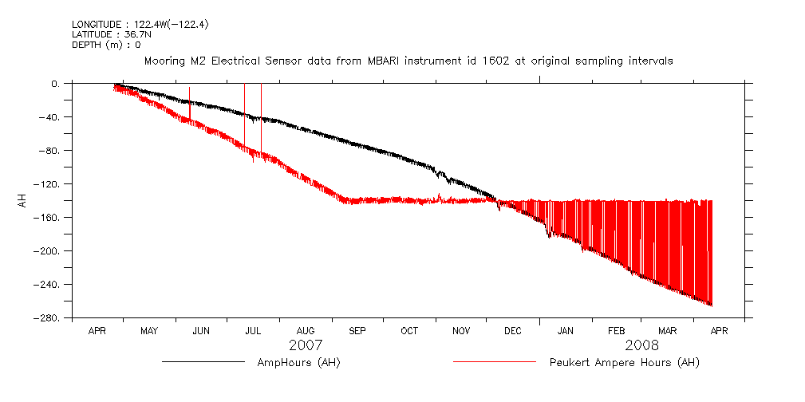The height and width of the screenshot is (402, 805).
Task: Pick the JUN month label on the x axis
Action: point(201,330)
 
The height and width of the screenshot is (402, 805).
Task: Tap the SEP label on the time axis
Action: point(357,330)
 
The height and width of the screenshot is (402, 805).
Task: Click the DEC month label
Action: point(513,330)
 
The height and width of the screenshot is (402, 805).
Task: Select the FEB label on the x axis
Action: point(617,330)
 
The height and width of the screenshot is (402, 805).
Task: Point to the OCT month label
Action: point(409,330)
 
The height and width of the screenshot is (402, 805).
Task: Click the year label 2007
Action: point(306,345)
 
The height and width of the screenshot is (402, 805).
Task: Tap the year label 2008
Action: point(642,345)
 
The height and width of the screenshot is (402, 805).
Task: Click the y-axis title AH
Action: point(22,200)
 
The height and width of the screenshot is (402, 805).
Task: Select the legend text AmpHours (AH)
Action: point(299,363)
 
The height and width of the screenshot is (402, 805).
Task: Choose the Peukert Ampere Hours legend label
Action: point(624,363)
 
